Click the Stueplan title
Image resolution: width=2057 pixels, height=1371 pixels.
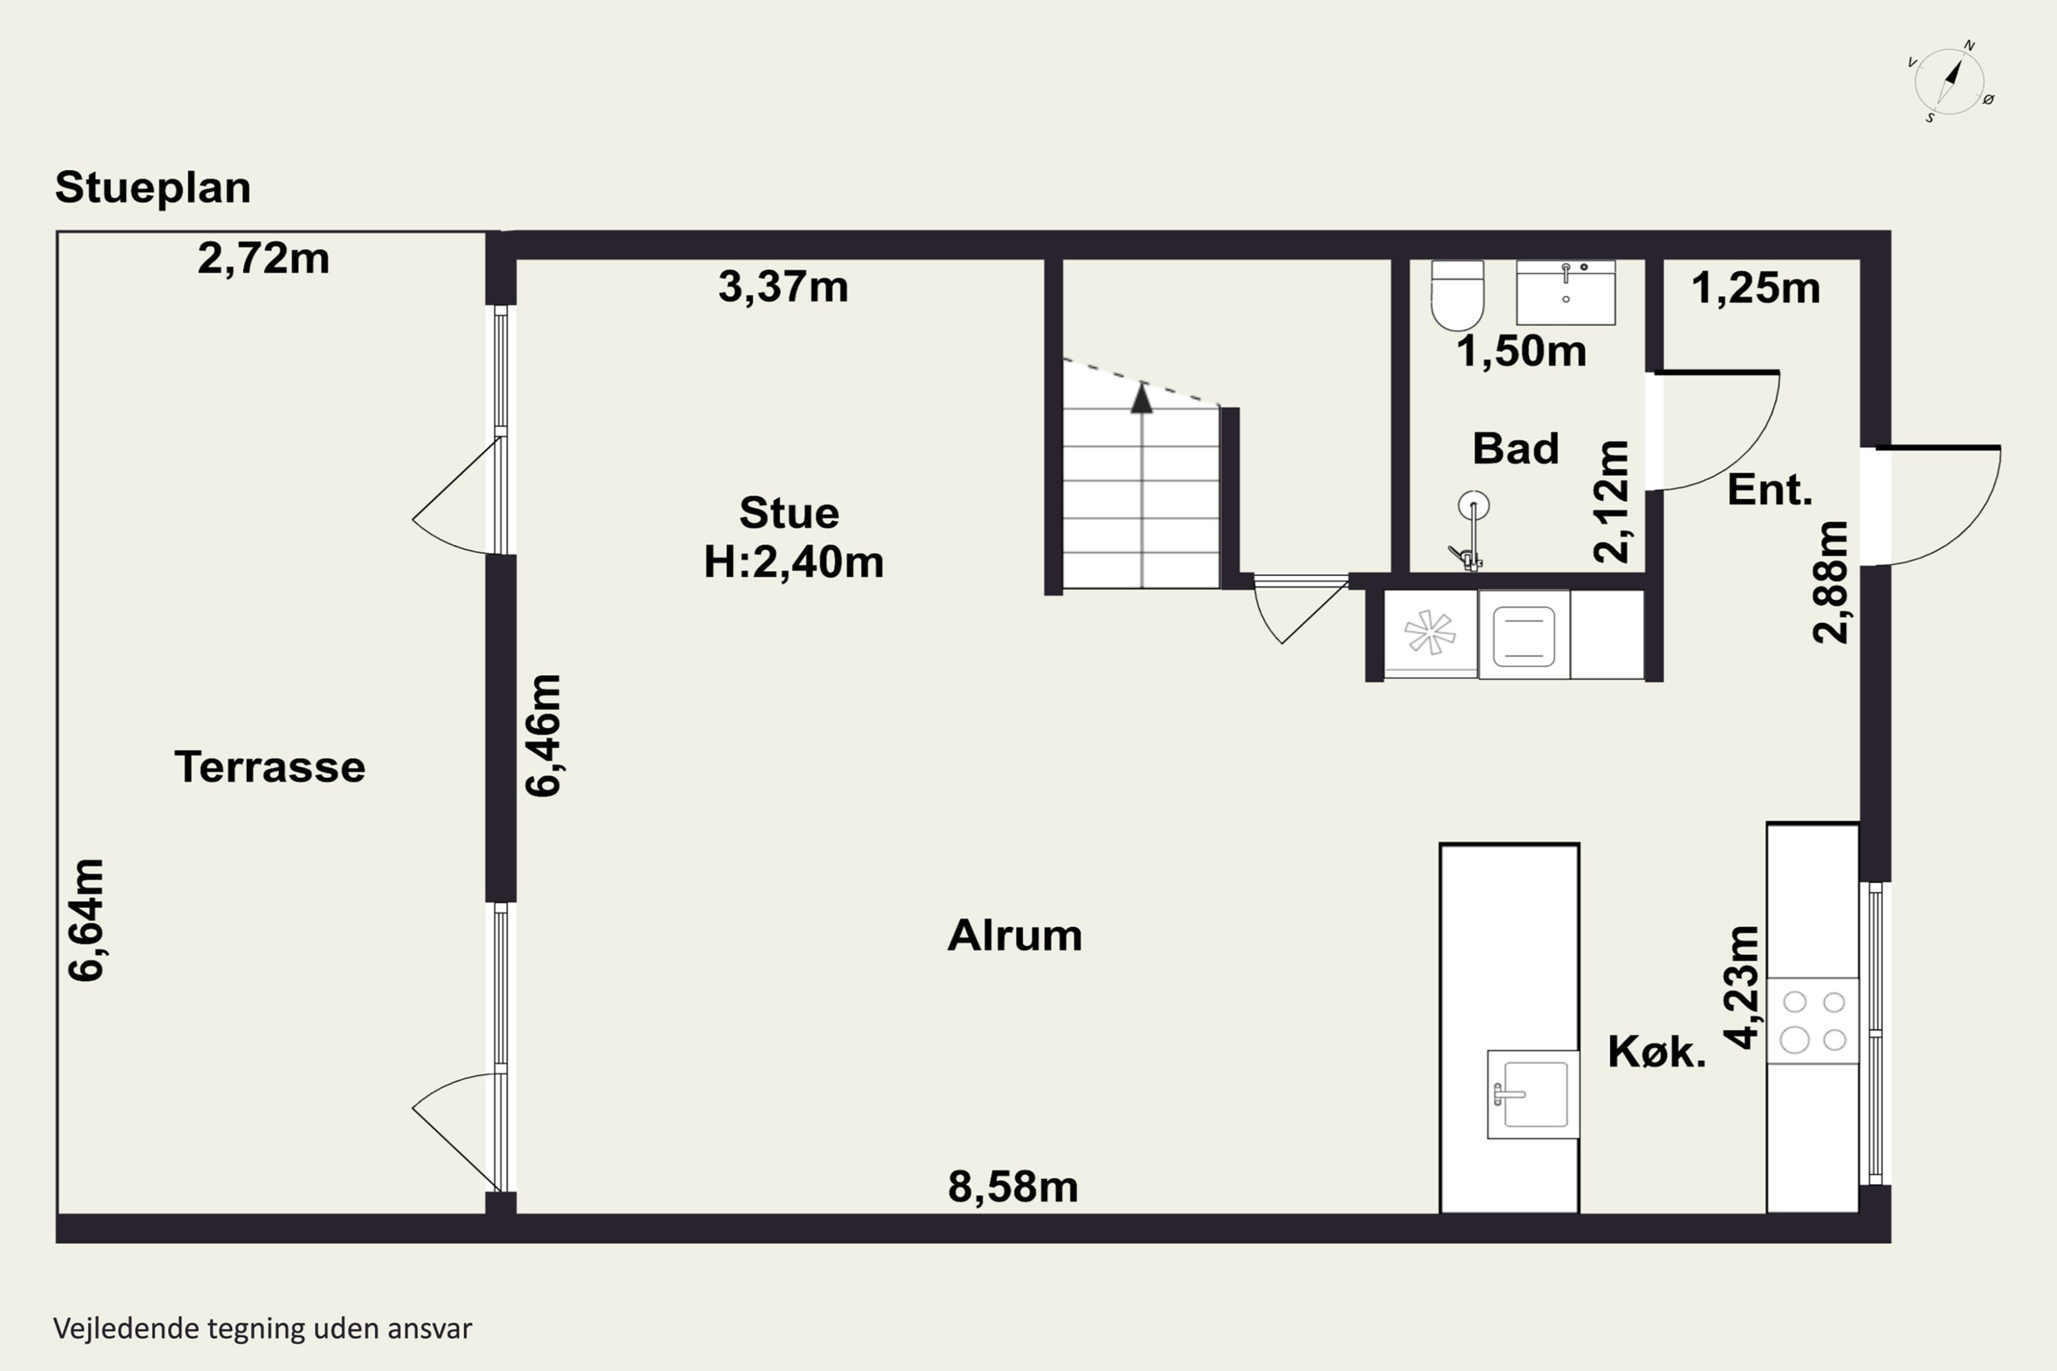153,188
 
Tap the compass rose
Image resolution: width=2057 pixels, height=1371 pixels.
1949,82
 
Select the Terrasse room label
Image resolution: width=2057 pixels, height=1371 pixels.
269,767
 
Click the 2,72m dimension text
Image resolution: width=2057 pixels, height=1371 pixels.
263,259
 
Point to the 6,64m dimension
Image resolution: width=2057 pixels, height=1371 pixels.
86,920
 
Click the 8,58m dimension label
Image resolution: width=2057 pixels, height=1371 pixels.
1013,1187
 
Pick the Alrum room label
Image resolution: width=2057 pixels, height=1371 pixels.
1015,935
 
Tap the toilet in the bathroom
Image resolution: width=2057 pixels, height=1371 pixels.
1457,295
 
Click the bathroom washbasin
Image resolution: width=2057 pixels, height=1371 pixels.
1565,292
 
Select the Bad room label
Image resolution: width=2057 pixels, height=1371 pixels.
1515,448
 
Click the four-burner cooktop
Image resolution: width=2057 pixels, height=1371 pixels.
1813,1021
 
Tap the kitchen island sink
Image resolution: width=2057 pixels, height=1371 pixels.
1532,1095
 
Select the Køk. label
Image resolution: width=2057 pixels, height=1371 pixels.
1657,1051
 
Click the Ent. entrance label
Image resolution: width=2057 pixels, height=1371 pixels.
1769,489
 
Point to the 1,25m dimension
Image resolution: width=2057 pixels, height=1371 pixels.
1755,288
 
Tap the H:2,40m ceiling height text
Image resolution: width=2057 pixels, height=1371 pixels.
793,561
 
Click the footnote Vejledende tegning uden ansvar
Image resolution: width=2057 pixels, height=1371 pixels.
263,1328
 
